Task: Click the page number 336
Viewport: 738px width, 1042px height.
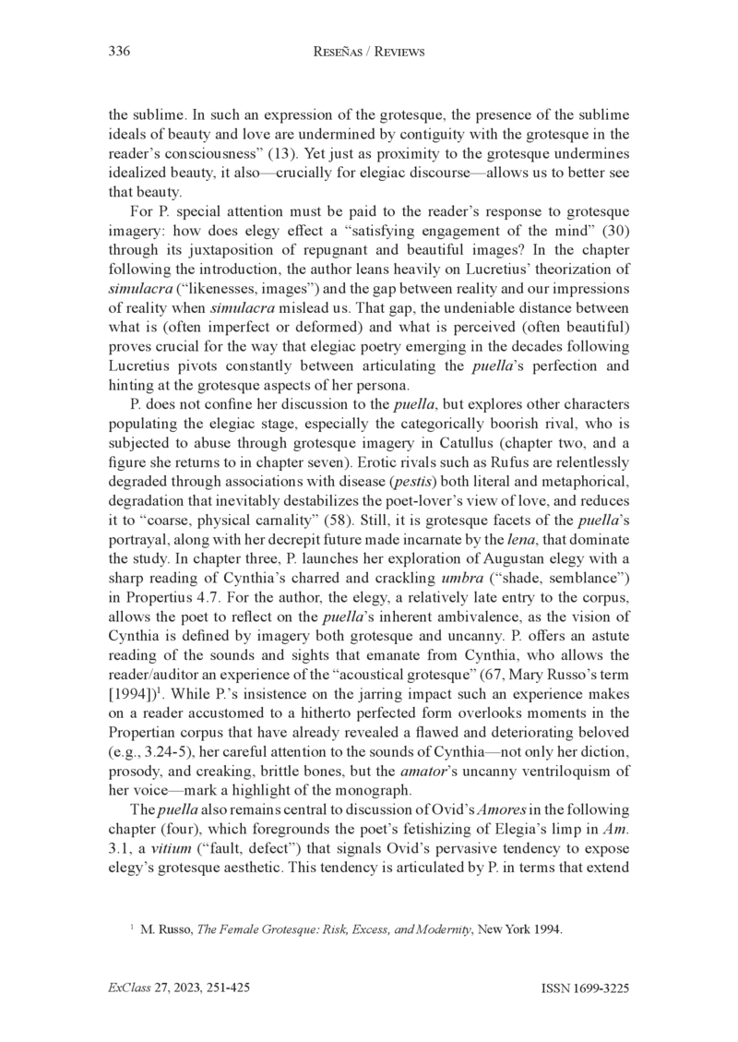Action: point(119,53)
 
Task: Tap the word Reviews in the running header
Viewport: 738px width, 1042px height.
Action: point(395,53)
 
